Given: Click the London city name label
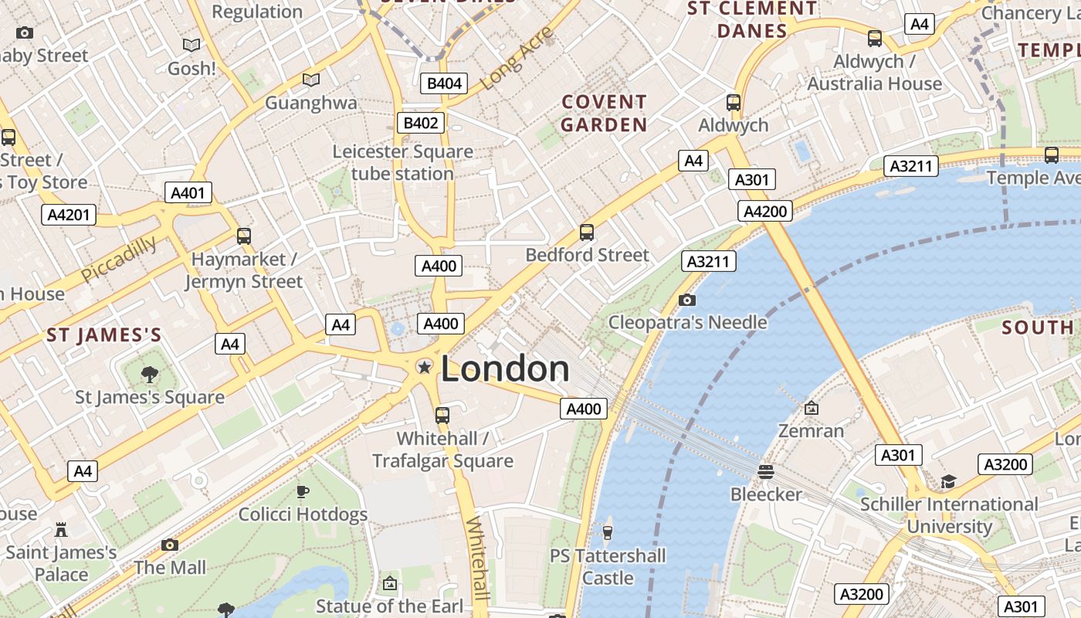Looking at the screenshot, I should click(505, 369).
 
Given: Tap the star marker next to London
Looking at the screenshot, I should click(424, 367).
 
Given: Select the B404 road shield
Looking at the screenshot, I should click(445, 83).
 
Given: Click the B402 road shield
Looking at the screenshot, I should click(422, 123).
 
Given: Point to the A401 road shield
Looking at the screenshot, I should click(188, 193).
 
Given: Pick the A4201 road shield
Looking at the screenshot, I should click(69, 215).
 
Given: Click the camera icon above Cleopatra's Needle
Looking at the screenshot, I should click(686, 300).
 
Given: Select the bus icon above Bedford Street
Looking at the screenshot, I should click(587, 232).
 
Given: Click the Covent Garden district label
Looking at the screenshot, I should click(604, 113).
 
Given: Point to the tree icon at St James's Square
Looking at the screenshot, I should click(150, 375).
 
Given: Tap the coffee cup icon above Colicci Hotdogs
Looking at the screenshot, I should click(303, 491).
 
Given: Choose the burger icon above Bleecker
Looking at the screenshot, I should click(766, 471).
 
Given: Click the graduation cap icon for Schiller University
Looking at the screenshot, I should click(948, 482).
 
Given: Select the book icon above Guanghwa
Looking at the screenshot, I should click(311, 80).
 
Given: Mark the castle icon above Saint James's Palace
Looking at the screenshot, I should click(61, 530).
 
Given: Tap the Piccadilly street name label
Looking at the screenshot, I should click(119, 259).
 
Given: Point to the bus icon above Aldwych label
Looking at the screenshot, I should click(734, 102).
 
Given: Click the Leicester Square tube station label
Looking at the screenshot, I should click(402, 162).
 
